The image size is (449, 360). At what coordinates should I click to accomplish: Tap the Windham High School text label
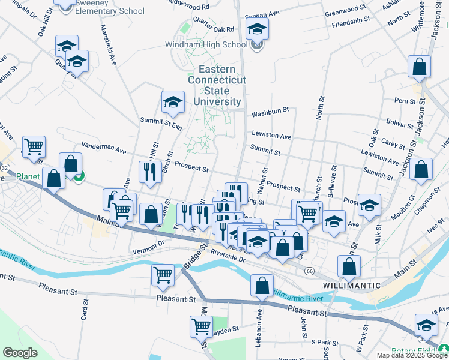click(x=206, y=44)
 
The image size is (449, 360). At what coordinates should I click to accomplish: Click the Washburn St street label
click(x=270, y=111)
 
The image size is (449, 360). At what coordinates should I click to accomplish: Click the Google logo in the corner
click(x=20, y=353)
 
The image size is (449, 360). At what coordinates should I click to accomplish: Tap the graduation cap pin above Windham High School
click(x=257, y=29)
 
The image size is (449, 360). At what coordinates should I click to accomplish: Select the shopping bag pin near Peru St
click(x=419, y=67)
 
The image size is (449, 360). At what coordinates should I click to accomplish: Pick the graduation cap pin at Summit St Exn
click(x=173, y=102)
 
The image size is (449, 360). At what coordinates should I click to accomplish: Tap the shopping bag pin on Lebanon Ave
click(x=262, y=286)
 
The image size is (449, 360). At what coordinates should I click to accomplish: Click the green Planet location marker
click(x=79, y=175)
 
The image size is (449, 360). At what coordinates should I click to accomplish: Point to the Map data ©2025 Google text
click(x=412, y=355)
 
